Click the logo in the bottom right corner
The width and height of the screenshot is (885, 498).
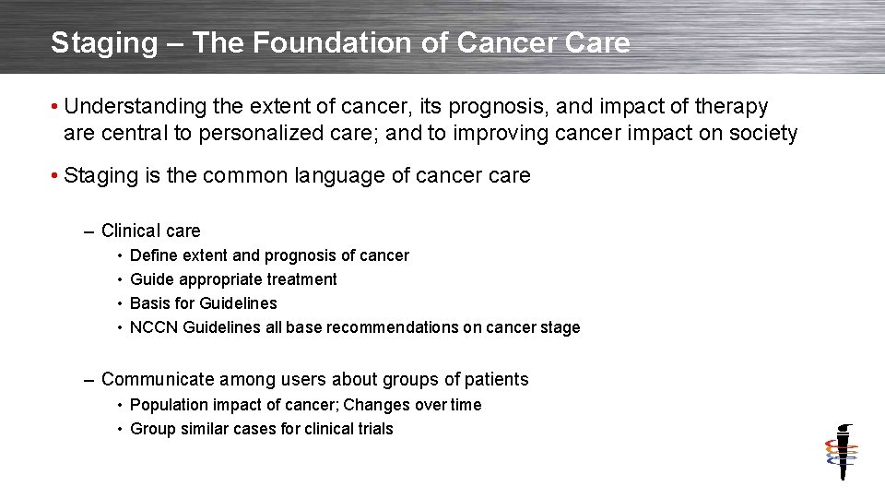(841, 452)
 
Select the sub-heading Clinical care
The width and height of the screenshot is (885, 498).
(150, 231)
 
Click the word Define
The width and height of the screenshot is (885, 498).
(154, 255)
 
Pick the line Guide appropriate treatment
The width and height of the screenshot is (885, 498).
(233, 279)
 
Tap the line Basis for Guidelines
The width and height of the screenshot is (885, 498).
(203, 303)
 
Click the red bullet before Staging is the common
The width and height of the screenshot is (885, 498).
(56, 175)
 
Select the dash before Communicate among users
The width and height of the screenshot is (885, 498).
(88, 379)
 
